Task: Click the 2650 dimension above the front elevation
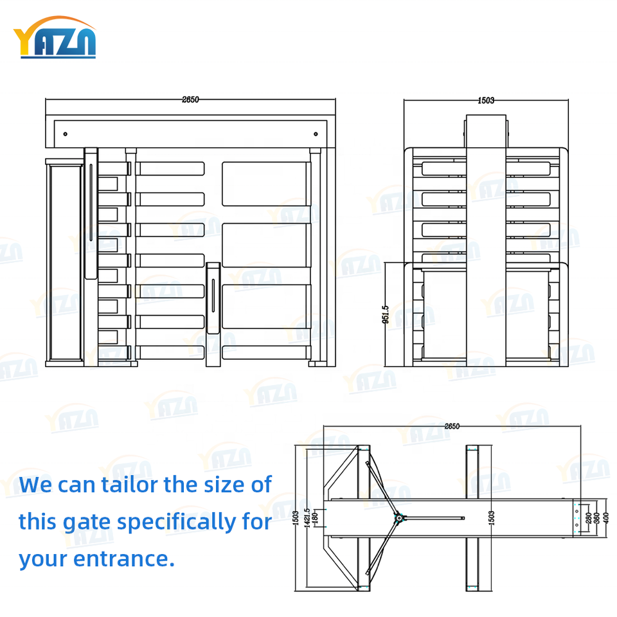pyautogui.click(x=190, y=100)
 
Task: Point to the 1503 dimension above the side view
pyautogui.click(x=486, y=100)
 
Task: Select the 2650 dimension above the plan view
pyautogui.click(x=452, y=426)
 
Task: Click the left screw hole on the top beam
pyautogui.click(x=65, y=134)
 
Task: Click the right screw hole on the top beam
pyautogui.click(x=316, y=134)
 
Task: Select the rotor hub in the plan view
pyautogui.click(x=398, y=516)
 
